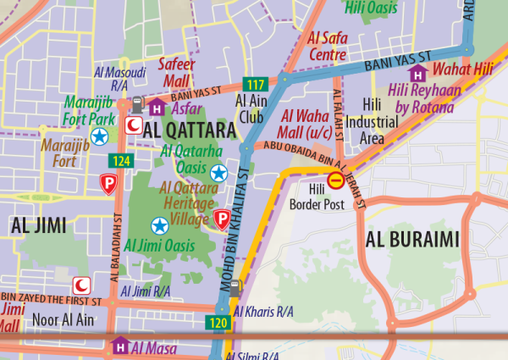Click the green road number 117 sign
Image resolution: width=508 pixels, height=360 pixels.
pos(255,83)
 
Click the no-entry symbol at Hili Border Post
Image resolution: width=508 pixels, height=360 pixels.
pos(336,180)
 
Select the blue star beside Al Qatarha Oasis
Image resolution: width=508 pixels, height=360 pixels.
pos(219,173)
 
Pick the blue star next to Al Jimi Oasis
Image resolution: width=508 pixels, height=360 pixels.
pos(158,225)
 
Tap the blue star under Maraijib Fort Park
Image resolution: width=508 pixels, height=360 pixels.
pos(100,136)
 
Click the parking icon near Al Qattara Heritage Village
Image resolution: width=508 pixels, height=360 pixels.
pos(222,219)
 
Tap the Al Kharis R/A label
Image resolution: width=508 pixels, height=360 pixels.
pos(268,313)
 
